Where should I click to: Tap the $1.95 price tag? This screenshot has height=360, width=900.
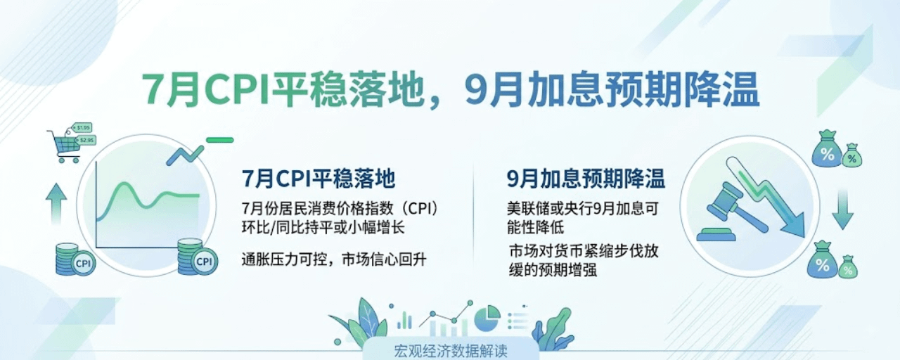[82, 128]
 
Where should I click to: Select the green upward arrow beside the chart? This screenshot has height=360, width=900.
[56, 204]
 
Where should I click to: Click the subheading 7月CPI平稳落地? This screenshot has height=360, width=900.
[319, 178]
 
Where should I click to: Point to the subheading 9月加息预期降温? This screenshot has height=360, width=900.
[586, 178]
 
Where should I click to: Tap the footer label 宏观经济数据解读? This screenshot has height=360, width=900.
[451, 351]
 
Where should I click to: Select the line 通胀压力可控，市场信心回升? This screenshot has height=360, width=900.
[333, 259]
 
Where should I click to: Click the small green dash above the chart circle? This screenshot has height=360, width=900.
[220, 140]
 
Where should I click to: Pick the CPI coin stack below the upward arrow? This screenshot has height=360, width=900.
[75, 259]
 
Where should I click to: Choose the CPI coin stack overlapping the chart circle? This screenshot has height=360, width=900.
[198, 257]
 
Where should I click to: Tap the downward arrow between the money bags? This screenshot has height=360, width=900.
[842, 210]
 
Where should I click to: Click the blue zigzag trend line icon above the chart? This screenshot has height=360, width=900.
[186, 155]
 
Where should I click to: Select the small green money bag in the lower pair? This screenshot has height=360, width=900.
[848, 266]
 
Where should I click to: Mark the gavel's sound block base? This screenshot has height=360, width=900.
[716, 234]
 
